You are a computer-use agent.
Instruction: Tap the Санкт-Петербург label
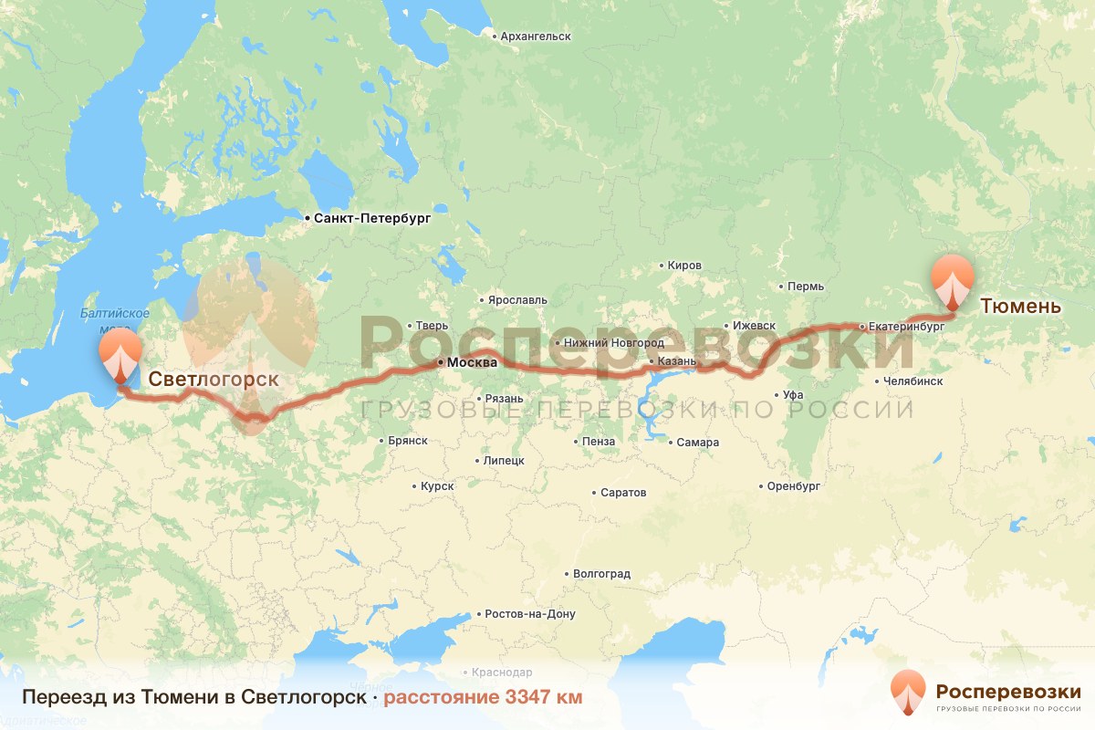370,219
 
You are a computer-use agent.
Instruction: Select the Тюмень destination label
1020,306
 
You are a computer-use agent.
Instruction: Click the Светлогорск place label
214,379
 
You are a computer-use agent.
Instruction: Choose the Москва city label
470,362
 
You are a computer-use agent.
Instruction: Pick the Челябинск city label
912,381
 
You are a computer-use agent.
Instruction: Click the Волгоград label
601,575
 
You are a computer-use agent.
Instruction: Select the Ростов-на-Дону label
530,614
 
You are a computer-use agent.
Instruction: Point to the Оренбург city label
794,486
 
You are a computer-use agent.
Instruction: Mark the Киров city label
684,266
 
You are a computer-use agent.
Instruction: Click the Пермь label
806,287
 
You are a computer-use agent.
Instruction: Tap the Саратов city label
623,493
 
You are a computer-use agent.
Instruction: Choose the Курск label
437,486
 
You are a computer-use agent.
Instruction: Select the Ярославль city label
517,299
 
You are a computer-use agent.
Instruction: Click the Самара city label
697,443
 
